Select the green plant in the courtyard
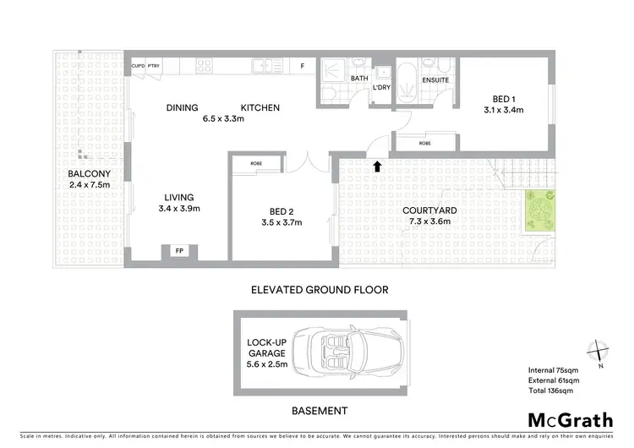coord(538,210)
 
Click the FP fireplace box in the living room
coord(179,251)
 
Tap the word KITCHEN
coord(260,107)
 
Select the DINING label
coord(182,107)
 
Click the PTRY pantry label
coord(154,64)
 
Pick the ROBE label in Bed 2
coord(255,164)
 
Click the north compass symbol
coord(599,349)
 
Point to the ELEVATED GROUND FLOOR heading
coord(320,289)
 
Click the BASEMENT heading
coord(319,411)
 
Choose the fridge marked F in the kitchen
coord(302,64)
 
